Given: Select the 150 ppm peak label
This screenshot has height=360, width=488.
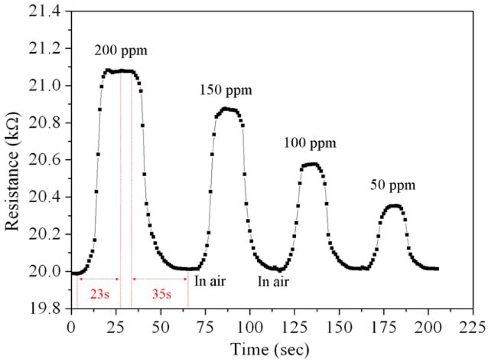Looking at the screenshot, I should [225, 90].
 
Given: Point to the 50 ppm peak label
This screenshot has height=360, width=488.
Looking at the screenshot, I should [392, 185].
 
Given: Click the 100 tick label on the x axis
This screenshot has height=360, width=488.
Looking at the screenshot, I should [250, 326].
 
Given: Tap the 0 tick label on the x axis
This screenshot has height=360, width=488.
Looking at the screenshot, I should [72, 326].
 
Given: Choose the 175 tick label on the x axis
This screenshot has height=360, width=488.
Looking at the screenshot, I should [384, 326].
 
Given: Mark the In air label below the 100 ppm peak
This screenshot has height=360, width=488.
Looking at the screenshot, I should [273, 281].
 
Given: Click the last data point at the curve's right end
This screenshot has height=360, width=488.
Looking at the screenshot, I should [437, 269].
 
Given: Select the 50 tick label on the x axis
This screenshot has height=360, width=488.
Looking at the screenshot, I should [161, 326].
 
